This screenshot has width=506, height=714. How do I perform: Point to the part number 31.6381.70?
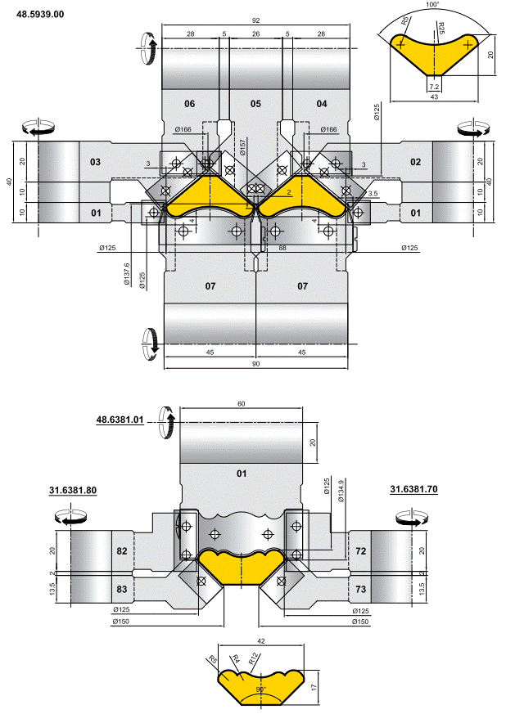[x=413, y=490]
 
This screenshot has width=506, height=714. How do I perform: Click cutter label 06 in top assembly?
[x=189, y=104]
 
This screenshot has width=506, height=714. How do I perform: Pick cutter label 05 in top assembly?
[x=255, y=104]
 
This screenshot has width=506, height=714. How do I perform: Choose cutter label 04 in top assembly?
[x=321, y=104]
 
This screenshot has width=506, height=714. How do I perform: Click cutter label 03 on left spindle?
[x=95, y=162]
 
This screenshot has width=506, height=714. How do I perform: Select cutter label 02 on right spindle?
[x=415, y=162]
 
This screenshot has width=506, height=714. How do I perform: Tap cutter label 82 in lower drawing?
[x=122, y=552]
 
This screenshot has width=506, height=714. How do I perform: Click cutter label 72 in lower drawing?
[x=361, y=552]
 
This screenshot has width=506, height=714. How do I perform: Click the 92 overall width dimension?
[x=255, y=20]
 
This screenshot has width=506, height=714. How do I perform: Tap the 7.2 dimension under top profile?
[x=434, y=86]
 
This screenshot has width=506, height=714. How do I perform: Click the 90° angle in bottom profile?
[x=260, y=690]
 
